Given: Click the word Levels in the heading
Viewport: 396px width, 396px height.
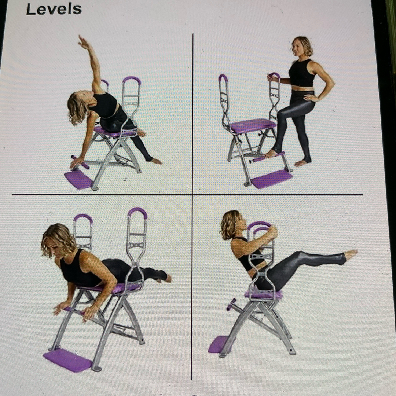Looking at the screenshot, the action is point(54,10).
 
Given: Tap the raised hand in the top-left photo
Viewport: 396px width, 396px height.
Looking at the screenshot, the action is point(83,42).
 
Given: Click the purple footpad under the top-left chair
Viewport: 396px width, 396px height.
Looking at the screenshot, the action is point(78,179).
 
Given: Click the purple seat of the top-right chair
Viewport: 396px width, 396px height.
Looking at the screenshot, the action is point(253,125).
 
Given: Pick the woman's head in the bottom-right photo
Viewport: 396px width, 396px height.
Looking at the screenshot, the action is point(232,224).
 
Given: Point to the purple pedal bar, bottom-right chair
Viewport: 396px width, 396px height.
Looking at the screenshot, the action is point(231,304).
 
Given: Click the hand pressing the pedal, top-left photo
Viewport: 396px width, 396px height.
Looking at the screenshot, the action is point(76,163).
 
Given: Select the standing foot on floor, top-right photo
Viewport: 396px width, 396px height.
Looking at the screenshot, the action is point(302,163).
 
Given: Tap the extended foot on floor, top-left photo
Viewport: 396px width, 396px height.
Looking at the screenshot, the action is point(157,161).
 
